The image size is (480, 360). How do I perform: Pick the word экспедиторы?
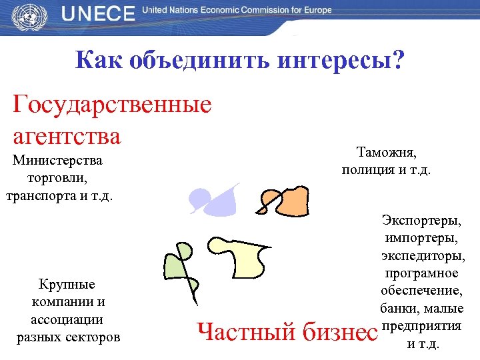[423, 255]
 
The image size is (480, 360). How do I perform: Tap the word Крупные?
[67, 285]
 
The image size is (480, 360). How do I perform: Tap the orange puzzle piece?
[288, 201]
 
